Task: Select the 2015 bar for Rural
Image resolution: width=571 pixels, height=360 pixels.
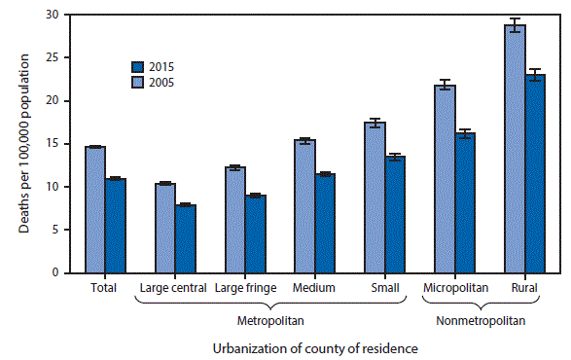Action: pyautogui.click(x=536, y=174)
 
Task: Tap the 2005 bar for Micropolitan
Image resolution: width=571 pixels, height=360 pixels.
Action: pyautogui.click(x=444, y=179)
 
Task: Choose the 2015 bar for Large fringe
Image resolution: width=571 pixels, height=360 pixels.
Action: pyautogui.click(x=256, y=234)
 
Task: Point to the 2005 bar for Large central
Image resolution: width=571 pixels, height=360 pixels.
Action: pyautogui.click(x=164, y=228)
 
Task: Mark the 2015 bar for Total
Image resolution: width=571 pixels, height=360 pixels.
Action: pyautogui.click(x=115, y=226)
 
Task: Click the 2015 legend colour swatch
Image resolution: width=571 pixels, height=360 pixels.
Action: pyautogui.click(x=139, y=67)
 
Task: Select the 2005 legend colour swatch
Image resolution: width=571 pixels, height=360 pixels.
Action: pyautogui.click(x=139, y=82)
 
